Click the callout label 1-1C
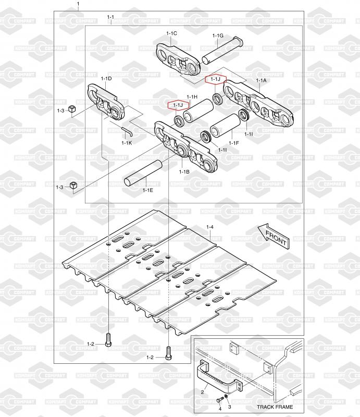pos(171,33)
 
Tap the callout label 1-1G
pos(218,35)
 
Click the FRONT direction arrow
pos(274,237)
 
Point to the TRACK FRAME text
pos(275,407)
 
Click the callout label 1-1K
pos(127,143)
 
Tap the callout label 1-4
pos(210,227)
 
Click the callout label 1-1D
pos(106,79)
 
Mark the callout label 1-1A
pos(261,80)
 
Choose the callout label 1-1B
pos(184,172)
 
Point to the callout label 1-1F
pos(234,143)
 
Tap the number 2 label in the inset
pos(202,392)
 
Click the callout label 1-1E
pos(147,190)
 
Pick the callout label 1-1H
pos(192,97)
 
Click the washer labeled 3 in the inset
pos(226,397)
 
